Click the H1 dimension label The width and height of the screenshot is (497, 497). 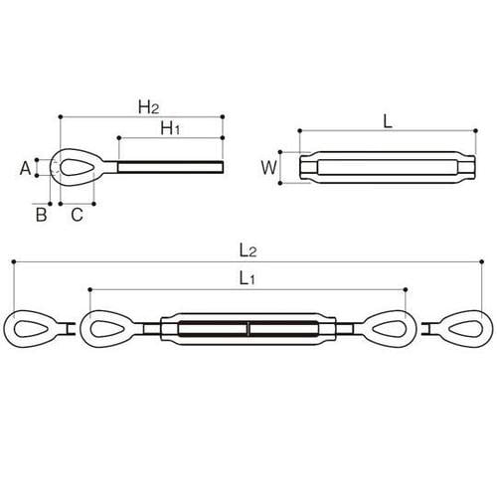171,128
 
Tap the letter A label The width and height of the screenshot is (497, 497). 26,169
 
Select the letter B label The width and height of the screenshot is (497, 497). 42,214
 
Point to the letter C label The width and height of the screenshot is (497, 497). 77,214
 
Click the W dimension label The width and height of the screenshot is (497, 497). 267,167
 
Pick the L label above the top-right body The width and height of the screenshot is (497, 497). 388,120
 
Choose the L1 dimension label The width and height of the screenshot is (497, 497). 249,280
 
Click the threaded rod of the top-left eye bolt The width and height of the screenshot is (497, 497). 169,168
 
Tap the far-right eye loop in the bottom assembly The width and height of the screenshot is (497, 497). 465,330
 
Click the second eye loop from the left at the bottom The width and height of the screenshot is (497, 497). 107,330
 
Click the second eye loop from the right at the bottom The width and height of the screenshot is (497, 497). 390,330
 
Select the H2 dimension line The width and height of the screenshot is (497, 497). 99,116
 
